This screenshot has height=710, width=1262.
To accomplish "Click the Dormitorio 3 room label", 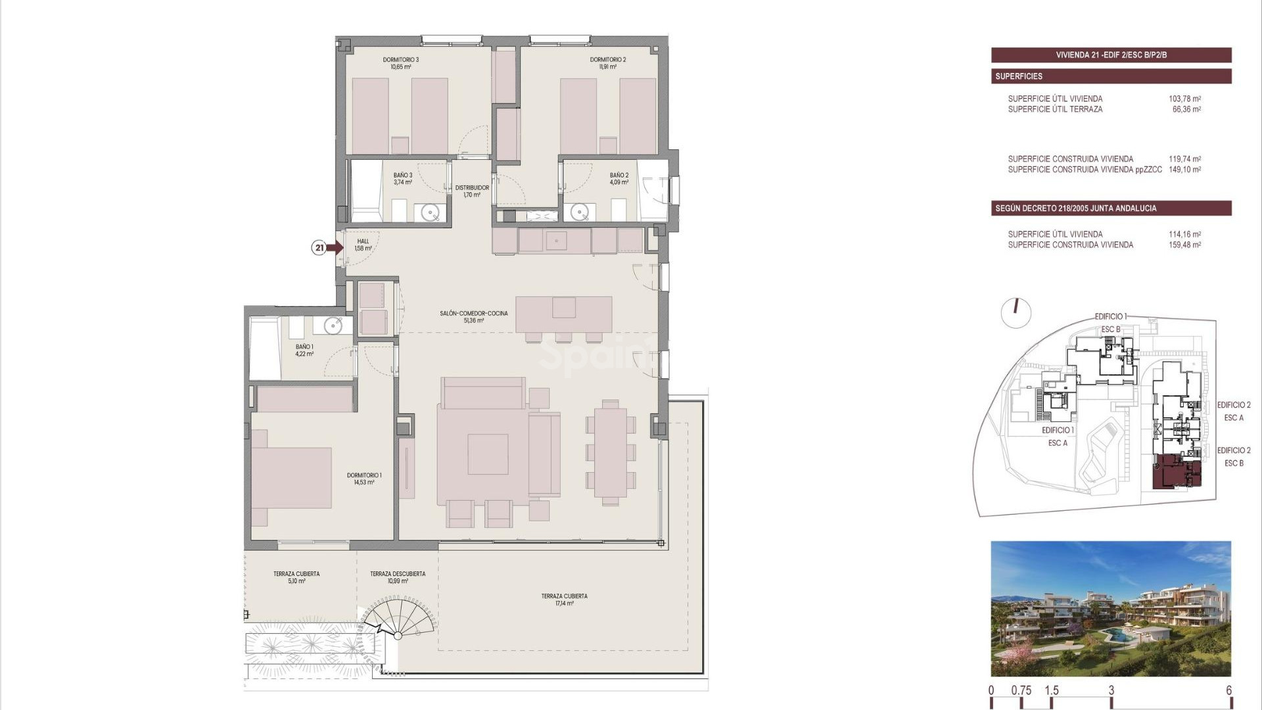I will click(400, 60).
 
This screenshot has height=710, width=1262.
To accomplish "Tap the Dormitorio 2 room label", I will click(607, 60).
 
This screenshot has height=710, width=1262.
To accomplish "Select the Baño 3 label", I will click(403, 176).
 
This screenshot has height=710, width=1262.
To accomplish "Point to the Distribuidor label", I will click(472, 188).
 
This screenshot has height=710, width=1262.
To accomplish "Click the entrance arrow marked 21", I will click(334, 248).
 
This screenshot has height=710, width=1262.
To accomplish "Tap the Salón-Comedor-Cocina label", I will click(473, 314).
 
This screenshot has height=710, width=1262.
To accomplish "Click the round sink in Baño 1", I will click(333, 325).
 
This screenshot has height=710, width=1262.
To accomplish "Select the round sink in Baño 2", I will click(579, 212).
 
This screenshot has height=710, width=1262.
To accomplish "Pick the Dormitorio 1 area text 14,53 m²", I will click(363, 483).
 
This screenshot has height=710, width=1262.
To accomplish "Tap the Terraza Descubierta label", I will click(397, 574).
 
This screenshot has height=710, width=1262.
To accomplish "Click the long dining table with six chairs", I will click(611, 452).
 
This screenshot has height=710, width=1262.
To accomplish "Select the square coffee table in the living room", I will click(488, 454).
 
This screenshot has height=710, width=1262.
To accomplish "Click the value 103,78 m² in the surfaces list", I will click(1184, 99).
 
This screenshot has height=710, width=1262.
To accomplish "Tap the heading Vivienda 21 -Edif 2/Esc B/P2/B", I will click(1111, 55).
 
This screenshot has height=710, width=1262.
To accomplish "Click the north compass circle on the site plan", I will click(1016, 313).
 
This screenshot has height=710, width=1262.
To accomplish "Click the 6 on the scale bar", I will click(1228, 691).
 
